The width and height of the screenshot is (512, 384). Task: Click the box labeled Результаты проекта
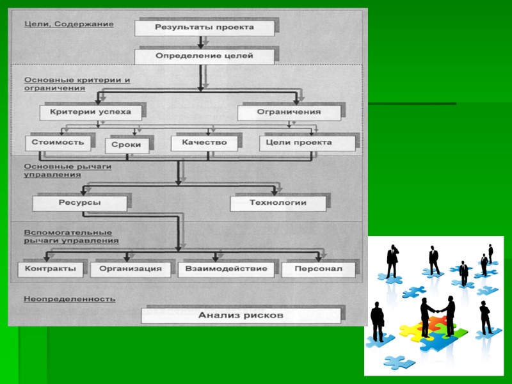(204, 28)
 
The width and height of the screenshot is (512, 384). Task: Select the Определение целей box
(204, 56)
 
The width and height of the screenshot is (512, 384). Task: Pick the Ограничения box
(289, 112)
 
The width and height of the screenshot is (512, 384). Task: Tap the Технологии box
(278, 203)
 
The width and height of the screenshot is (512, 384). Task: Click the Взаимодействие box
(226, 269)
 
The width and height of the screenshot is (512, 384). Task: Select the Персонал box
(318, 269)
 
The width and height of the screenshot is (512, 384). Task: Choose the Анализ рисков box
(241, 315)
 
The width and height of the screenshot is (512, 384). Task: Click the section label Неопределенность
(69, 299)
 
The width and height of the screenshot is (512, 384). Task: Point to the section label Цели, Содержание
(69, 24)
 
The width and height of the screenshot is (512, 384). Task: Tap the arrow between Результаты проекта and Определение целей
(202, 42)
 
